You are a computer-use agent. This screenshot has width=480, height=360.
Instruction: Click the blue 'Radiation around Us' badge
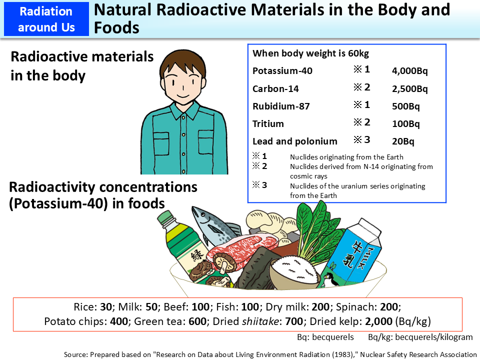[46, 18]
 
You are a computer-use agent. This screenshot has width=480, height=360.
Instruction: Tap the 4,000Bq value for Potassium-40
[409, 71]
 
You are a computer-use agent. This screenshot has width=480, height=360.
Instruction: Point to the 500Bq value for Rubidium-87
[405, 106]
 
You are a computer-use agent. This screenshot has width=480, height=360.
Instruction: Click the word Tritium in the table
[268, 123]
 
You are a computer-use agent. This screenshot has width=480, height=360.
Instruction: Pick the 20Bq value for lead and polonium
[403, 141]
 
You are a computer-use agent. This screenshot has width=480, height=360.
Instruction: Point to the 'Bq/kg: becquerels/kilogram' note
[420, 337]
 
